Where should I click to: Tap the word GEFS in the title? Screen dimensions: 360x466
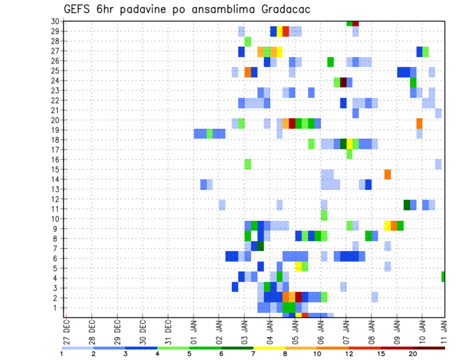(x=78, y=9)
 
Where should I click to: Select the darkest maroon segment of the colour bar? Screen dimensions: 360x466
(x=429, y=348)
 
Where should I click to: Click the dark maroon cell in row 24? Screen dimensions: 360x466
(x=343, y=82)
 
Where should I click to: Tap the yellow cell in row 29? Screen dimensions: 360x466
(x=280, y=32)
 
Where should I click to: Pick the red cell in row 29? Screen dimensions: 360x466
(x=286, y=32)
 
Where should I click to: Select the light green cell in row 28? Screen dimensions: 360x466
(x=248, y=41)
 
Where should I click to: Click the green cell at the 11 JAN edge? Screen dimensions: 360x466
(x=443, y=277)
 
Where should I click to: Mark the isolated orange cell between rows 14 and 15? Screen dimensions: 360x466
(x=387, y=174)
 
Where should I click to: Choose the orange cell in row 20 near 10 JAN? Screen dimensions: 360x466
(x=419, y=123)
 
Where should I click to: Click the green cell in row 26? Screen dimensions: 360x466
(x=331, y=62)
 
